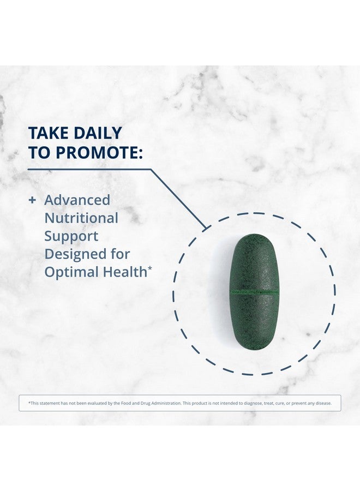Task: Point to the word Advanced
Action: click(x=77, y=200)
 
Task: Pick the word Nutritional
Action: click(x=81, y=218)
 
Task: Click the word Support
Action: click(x=71, y=236)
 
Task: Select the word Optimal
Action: click(x=69, y=272)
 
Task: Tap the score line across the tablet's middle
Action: click(x=254, y=294)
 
